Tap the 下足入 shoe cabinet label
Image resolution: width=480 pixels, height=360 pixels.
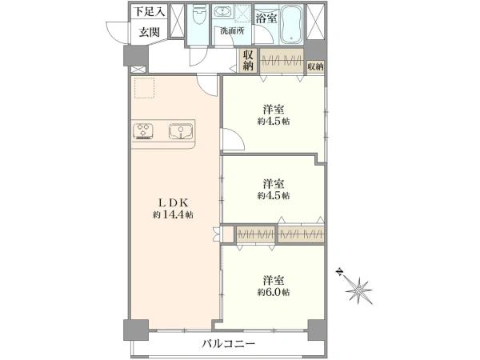click(x=149, y=11)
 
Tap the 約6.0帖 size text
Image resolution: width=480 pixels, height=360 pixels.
click(x=274, y=292)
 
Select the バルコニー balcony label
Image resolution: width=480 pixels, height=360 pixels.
click(x=229, y=343)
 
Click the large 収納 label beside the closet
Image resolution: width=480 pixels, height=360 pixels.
click(x=249, y=61)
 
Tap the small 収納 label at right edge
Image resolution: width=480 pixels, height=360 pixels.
click(x=315, y=66)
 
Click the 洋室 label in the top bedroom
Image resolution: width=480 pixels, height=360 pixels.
click(x=274, y=108)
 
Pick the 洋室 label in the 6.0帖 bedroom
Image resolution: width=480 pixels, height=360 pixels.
click(x=274, y=280)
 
